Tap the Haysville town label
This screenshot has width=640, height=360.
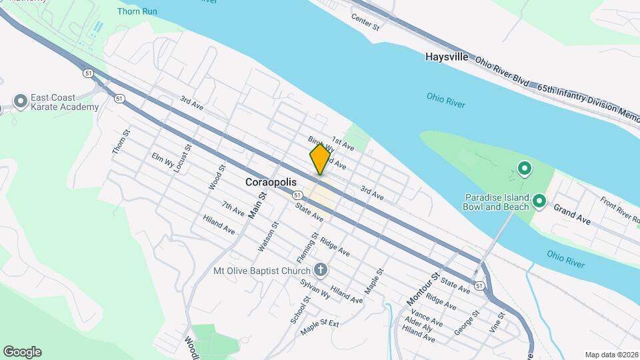(x=447, y=57)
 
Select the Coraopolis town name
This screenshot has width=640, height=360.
(x=271, y=181)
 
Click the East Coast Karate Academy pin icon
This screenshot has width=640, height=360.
(x=21, y=101)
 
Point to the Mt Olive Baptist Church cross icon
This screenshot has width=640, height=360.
(x=321, y=270)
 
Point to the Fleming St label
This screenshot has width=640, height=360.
(x=305, y=247)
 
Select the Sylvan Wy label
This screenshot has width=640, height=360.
(x=317, y=287)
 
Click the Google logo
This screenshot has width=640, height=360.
(x=22, y=352)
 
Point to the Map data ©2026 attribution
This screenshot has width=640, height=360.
(x=610, y=355)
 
